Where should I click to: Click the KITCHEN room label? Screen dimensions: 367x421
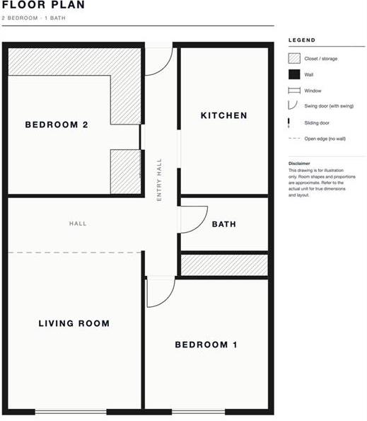(223, 115)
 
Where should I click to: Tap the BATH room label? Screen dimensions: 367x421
(224, 224)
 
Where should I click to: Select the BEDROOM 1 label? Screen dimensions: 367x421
(206, 345)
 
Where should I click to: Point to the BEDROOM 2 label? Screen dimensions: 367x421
(57, 125)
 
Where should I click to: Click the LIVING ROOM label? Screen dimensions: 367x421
(74, 323)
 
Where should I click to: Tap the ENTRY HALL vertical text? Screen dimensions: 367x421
(159, 180)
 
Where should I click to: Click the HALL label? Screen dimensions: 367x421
(78, 224)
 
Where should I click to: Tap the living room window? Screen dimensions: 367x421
(71, 412)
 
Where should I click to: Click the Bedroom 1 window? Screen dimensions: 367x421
(198, 412)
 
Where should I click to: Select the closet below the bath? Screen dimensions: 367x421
(224, 265)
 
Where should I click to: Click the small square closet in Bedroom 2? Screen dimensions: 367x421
(126, 172)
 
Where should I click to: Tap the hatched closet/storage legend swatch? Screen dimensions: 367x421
(294, 58)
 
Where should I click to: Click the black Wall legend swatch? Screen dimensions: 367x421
(294, 74)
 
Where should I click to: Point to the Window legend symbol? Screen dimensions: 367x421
(294, 91)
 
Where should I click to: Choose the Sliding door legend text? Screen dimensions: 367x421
(317, 122)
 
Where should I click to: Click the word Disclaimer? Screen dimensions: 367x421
(299, 163)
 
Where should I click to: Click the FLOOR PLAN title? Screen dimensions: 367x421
(43, 4)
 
